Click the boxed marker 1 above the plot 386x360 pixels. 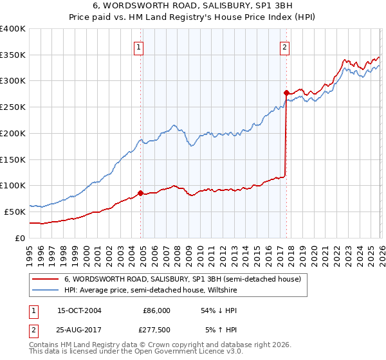pyautogui.click(x=139, y=46)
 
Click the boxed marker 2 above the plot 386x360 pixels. pyautogui.click(x=284, y=46)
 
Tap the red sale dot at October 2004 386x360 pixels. pyautogui.click(x=140, y=192)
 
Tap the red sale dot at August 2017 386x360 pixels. pyautogui.click(x=286, y=93)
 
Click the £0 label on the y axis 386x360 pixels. pyautogui.click(x=19, y=238)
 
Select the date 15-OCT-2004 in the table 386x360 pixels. pyautogui.click(x=79, y=310)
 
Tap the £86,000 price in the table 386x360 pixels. pyautogui.click(x=156, y=310)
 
